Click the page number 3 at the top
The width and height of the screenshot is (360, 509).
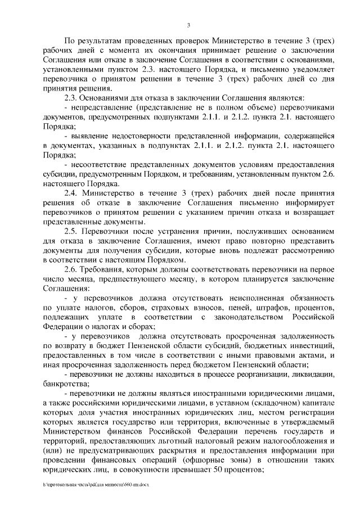188,24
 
